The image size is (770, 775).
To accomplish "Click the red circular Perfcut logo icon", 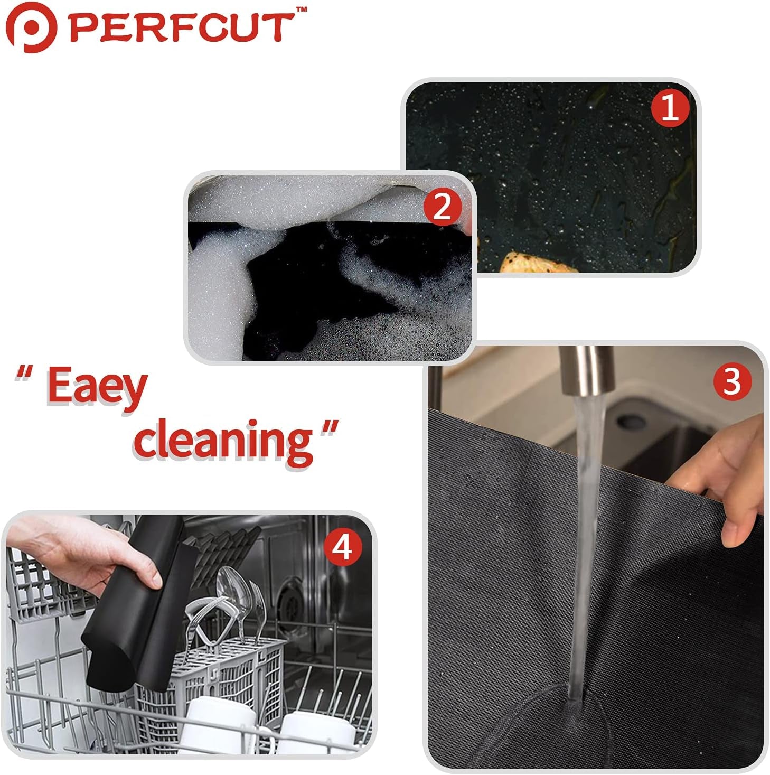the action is pos(31,27).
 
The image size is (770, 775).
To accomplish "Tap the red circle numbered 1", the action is pos(670,107).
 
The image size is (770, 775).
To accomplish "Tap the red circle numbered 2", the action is pos(442,207).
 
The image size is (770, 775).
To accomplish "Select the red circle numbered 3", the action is pos(732,381).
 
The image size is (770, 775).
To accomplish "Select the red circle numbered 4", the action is pos(343,547).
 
